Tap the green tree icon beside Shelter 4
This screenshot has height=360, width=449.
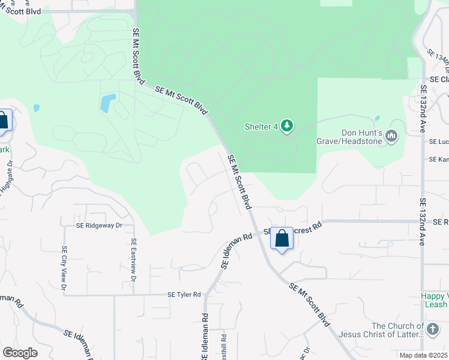coord(288,125)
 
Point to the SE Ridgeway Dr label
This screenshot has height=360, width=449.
coord(99,226)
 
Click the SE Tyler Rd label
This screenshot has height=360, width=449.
coord(184,295)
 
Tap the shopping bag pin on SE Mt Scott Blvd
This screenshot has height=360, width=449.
coord(282,239)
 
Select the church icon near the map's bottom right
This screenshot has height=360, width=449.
coord(432,329)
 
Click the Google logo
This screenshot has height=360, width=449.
coord(20,353)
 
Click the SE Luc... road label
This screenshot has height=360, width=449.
coord(439,142)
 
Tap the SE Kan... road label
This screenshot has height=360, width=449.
coord(439,160)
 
